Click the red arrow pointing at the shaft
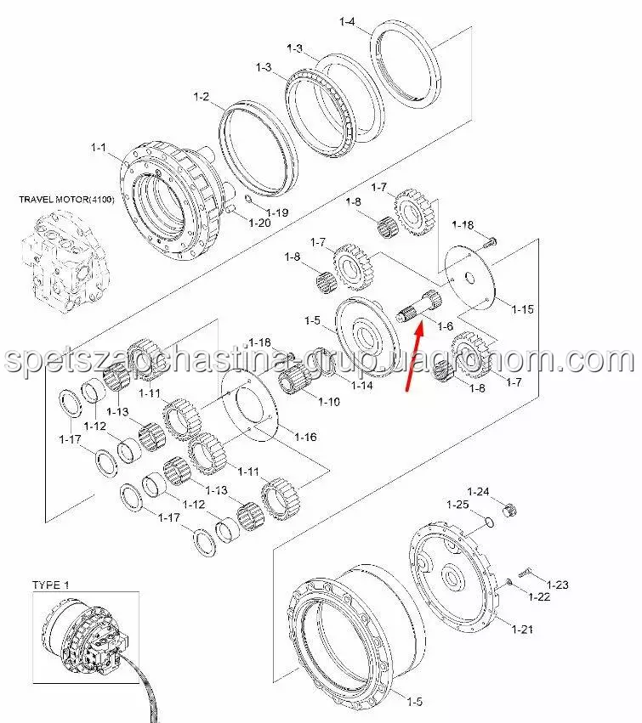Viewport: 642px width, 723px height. (x=413, y=358)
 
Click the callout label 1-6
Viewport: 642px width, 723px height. (x=445, y=326)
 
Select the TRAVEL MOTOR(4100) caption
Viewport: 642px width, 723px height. (x=66, y=200)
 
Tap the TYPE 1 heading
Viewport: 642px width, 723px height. (x=50, y=585)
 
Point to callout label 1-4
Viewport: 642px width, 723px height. (x=347, y=21)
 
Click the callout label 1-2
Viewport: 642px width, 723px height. (x=201, y=96)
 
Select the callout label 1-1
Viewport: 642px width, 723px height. (x=99, y=148)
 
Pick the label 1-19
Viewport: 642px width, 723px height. (x=277, y=212)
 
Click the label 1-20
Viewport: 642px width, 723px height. (x=259, y=223)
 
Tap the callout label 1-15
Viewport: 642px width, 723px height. (x=522, y=309)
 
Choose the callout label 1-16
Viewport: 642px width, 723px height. (x=305, y=436)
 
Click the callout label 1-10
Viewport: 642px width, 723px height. (x=329, y=402)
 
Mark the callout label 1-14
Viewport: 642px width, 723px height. (x=362, y=385)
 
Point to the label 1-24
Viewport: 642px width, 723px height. (x=478, y=492)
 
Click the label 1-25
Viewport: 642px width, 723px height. (x=457, y=505)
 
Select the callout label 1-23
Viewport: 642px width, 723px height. (x=558, y=585)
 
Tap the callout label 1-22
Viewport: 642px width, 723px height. (x=539, y=596)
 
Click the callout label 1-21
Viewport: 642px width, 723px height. (x=522, y=629)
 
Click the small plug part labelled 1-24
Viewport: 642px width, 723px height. (x=509, y=510)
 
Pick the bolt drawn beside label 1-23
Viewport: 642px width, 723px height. (x=526, y=572)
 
